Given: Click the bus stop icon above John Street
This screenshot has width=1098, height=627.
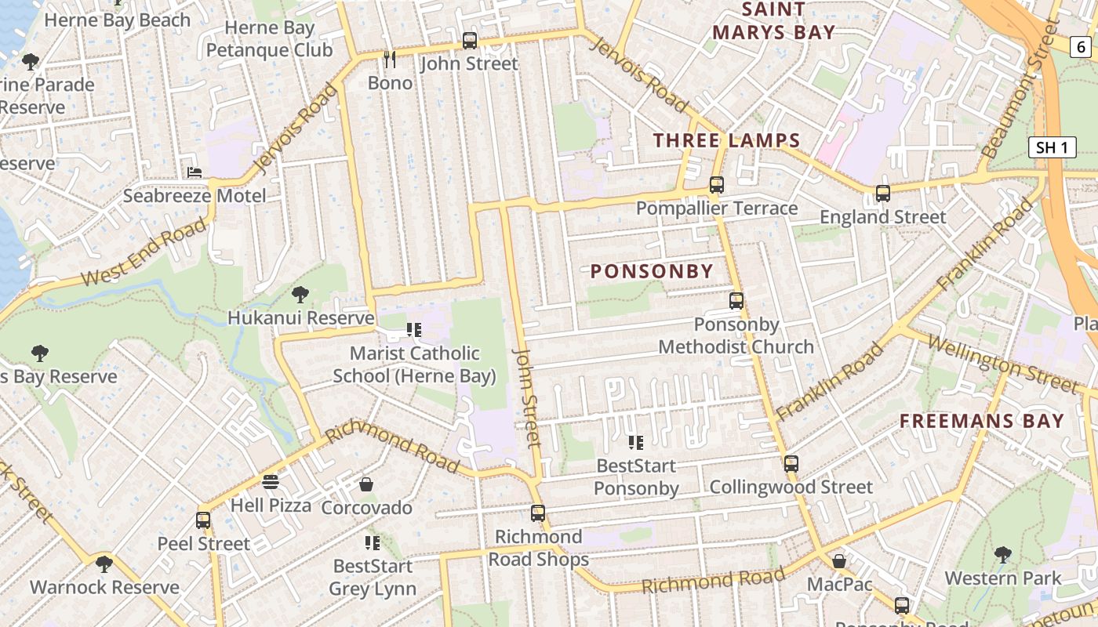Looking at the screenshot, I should tap(470, 40).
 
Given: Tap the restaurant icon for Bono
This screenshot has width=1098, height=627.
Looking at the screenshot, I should tap(389, 59).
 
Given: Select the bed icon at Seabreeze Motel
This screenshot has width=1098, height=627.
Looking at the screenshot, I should tap(194, 172).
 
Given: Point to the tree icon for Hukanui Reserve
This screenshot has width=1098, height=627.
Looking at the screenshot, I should tap(300, 295).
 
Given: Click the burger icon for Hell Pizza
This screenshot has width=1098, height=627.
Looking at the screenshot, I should tap(271, 481).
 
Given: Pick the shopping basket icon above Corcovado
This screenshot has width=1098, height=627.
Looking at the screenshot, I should tap(365, 484).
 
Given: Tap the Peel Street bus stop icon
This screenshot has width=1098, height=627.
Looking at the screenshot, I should tap(203, 520).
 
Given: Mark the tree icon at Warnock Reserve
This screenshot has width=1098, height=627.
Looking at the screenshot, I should tap(104, 564).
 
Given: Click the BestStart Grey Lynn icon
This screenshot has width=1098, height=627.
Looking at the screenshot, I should tap(373, 542).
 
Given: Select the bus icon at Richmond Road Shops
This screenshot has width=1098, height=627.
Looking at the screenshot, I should tap(537, 513).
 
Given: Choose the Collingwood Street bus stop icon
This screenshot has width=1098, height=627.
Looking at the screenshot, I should tap(791, 463).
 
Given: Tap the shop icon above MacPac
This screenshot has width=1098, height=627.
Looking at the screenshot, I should tap(838, 561).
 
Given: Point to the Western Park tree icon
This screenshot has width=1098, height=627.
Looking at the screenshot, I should tap(1002, 555).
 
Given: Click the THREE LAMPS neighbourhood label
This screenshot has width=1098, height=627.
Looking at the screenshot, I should tap(726, 141).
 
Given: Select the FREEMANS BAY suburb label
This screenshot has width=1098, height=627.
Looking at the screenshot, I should tap(981, 421).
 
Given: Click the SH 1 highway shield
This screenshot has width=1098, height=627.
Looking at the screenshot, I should tap(1052, 147).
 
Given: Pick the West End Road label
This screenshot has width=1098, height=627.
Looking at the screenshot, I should tap(145, 252).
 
